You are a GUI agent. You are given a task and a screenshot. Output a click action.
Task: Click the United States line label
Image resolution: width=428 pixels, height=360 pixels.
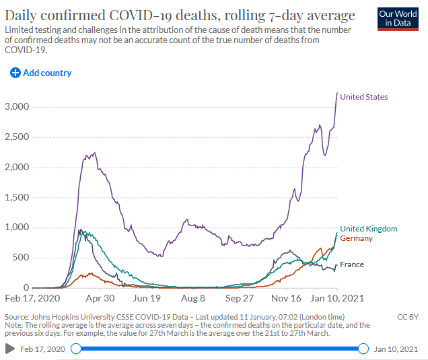point(363,97)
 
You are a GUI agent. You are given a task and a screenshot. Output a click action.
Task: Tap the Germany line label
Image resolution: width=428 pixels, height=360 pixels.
point(356,238)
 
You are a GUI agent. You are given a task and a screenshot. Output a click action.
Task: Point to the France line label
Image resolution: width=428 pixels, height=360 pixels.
point(352,264)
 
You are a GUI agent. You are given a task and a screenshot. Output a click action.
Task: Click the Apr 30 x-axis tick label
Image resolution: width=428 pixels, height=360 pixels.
point(100,297)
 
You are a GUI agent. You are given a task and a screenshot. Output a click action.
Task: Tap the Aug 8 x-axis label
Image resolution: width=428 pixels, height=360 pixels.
point(193,297)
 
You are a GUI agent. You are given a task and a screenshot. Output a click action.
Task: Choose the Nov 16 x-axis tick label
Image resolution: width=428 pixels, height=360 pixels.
point(287,297)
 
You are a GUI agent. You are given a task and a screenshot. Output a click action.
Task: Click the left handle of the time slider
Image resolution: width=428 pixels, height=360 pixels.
point(76,348)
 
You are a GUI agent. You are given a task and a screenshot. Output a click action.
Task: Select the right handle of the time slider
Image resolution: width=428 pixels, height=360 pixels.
point(363,348)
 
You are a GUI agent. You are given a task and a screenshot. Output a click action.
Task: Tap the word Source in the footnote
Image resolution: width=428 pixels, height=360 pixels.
point(17,316)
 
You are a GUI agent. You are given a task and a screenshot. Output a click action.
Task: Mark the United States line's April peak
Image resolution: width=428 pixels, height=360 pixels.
point(94,153)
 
